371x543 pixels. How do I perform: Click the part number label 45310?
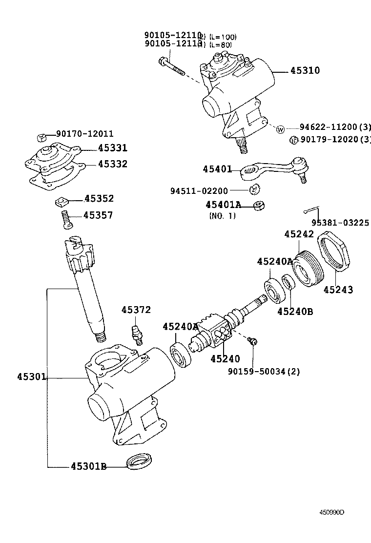(x=305, y=70)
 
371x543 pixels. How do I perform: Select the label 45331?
(x=112, y=148)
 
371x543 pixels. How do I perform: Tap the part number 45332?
(x=112, y=164)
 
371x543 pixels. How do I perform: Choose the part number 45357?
(x=98, y=215)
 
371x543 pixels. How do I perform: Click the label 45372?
(x=136, y=310)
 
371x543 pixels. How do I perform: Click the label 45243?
(x=338, y=290)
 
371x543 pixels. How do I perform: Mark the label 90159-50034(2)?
(x=264, y=372)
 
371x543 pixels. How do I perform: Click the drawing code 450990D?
(x=332, y=512)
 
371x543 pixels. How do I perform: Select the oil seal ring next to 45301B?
(x=140, y=461)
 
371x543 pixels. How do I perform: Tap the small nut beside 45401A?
(x=260, y=205)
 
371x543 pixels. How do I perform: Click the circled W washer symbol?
(x=281, y=129)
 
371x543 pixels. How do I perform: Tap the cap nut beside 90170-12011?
(x=42, y=137)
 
